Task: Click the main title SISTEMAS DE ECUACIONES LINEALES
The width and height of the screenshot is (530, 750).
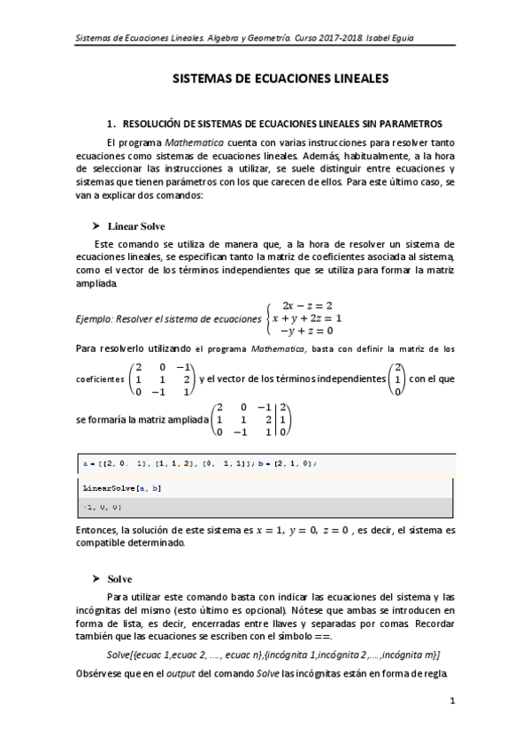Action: click(x=279, y=79)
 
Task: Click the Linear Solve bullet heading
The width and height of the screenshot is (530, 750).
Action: click(x=135, y=226)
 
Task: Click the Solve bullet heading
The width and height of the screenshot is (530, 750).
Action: click(x=119, y=578)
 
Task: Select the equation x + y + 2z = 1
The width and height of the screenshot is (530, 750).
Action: click(x=306, y=318)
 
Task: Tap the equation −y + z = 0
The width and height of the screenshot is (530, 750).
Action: click(x=306, y=331)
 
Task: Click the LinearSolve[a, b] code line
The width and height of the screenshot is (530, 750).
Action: click(x=110, y=487)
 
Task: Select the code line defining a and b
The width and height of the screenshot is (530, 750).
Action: click(x=199, y=463)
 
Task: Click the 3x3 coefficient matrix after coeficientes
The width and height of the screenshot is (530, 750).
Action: click(x=160, y=379)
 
